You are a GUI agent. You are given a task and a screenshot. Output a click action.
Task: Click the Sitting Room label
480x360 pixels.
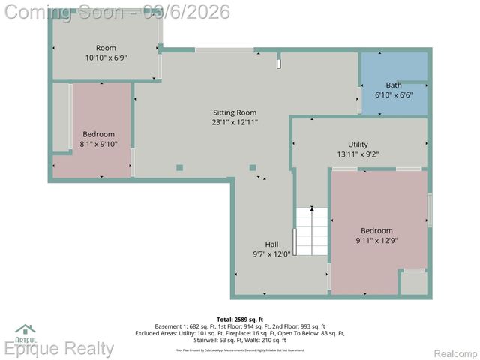[x=235, y=112]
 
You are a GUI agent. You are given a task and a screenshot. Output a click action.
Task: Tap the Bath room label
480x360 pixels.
[x=394, y=85]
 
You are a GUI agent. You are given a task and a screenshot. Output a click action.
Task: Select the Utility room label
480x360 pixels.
[x=358, y=144]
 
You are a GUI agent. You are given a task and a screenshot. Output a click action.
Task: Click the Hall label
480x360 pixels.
[x=271, y=244]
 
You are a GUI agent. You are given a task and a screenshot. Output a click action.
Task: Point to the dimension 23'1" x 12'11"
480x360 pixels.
[x=235, y=121]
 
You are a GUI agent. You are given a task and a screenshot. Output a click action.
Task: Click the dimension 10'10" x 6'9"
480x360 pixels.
[x=106, y=58]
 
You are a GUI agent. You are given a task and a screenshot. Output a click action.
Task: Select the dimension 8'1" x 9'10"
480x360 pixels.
[x=98, y=144]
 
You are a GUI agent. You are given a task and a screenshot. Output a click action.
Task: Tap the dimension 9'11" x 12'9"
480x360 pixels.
[x=376, y=241]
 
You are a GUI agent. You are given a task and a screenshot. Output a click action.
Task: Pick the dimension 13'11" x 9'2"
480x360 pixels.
[x=358, y=154]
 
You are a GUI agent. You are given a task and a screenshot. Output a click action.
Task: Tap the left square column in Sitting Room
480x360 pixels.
[x=179, y=167]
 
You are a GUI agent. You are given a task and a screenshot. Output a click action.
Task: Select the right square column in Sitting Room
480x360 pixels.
[x=253, y=167]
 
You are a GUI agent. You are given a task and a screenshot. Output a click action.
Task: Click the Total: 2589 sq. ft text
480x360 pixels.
[x=240, y=319]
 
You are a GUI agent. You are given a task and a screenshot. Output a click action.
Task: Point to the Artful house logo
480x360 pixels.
[x=25, y=331]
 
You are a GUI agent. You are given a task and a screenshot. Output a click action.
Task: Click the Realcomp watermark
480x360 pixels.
[x=451, y=352]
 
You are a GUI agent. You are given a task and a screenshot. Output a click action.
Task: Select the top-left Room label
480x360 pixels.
[x=106, y=48]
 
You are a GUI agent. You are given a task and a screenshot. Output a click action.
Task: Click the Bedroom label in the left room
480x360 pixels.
[x=98, y=134]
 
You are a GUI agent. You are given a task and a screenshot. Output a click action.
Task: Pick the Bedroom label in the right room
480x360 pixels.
[x=376, y=230]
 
